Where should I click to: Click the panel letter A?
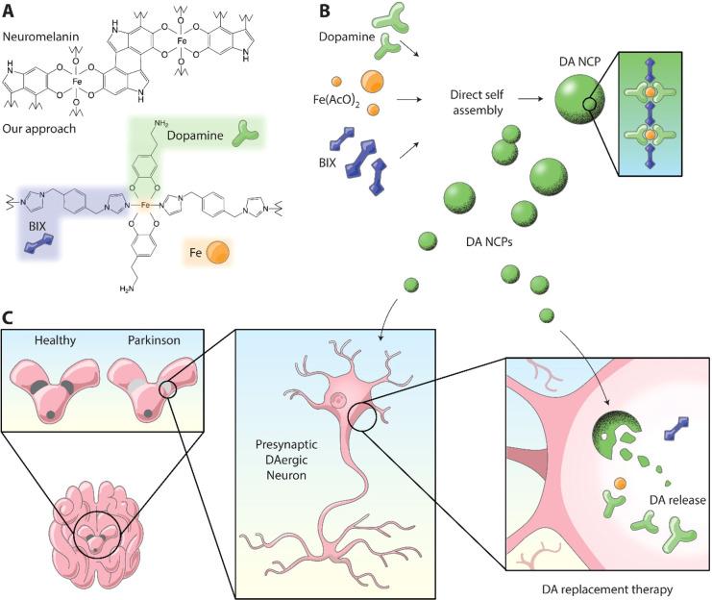10,11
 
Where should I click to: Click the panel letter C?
10,316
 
